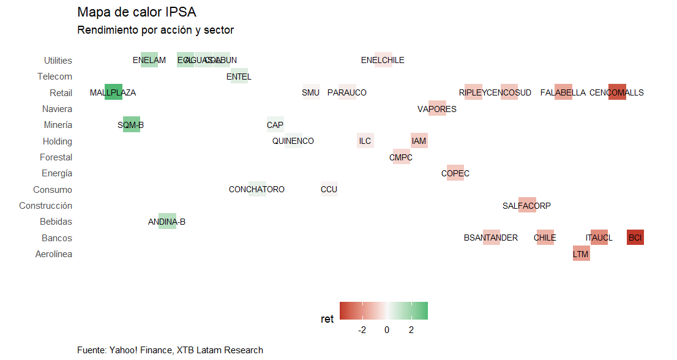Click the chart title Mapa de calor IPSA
137,12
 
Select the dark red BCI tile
635,238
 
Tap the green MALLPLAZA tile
113,92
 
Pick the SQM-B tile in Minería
131,125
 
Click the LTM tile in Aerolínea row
581,253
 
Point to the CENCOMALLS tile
617,92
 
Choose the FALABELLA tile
563,92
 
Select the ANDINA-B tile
167,222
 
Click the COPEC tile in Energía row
455,173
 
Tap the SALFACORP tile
527,206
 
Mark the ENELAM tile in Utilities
149,60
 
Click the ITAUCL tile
599,238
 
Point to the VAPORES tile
437,109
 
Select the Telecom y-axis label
54,77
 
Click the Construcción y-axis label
46,206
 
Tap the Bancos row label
57,238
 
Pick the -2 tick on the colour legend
362,330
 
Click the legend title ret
327,319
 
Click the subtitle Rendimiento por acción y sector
155,30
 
